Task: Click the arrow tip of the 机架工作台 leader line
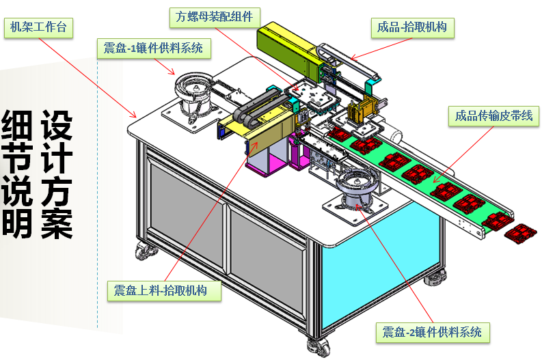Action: pos(136,117)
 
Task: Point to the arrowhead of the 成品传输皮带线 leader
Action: pos(434,183)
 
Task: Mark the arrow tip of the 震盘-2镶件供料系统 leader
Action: pos(357,204)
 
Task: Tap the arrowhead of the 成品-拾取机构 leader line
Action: pos(351,58)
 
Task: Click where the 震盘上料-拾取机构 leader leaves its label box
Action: pos(165,281)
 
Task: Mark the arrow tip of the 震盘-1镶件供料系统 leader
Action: pos(174,74)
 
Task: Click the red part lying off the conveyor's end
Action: pos(520,234)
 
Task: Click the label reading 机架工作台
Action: pos(38,27)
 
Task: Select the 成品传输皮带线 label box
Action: pos(493,116)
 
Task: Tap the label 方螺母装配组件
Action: pos(215,17)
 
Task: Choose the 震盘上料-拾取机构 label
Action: pos(164,291)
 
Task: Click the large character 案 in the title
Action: pos(57,224)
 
